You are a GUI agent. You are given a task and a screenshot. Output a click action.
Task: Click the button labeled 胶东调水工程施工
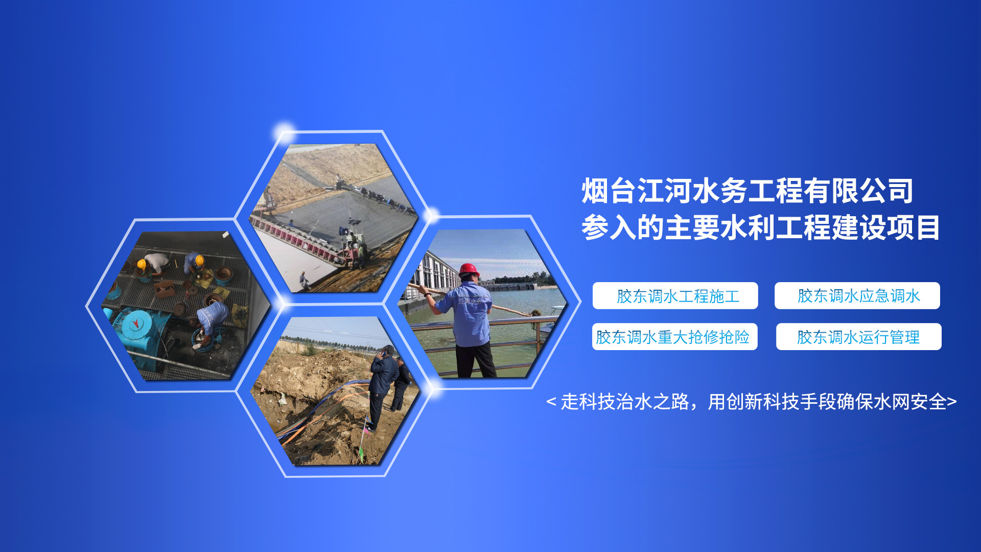(x=675, y=295)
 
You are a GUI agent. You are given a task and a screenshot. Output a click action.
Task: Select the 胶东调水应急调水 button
(x=857, y=295)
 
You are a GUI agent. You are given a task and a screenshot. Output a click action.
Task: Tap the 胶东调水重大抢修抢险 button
(x=674, y=337)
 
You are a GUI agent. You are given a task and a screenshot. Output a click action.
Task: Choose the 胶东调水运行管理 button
(x=858, y=337)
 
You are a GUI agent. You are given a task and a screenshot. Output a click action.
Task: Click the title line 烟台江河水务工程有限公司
(x=747, y=191)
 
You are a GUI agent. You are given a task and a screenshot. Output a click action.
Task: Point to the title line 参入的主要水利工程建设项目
(x=761, y=228)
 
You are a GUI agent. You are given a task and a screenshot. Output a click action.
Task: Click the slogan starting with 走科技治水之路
(x=752, y=402)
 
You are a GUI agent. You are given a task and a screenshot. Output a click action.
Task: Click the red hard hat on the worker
(x=469, y=269)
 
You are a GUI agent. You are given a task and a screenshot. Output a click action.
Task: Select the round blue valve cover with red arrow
(x=135, y=325)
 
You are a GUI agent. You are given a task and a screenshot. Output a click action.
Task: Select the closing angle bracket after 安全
(x=952, y=402)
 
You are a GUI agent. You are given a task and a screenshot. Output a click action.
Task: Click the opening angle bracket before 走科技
(x=551, y=402)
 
